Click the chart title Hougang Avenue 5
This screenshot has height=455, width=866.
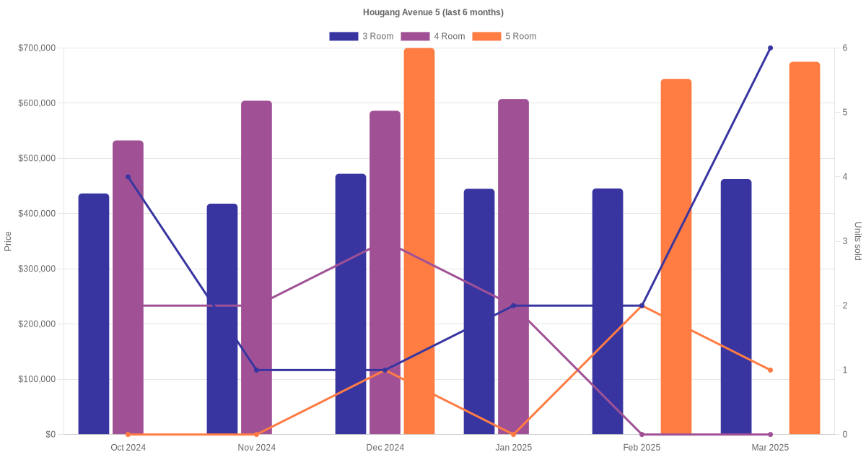click(x=433, y=12)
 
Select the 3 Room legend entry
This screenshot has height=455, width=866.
click(x=361, y=36)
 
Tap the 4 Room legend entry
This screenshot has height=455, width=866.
click(x=432, y=36)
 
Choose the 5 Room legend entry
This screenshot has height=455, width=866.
click(x=504, y=36)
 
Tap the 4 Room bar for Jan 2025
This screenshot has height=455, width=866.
click(x=513, y=266)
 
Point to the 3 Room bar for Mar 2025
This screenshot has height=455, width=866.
click(x=736, y=307)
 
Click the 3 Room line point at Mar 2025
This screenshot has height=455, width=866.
click(x=770, y=48)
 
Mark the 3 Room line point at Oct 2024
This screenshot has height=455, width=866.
click(x=128, y=177)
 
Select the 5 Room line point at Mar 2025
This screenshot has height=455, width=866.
click(x=770, y=370)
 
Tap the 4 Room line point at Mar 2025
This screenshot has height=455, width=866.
click(x=770, y=434)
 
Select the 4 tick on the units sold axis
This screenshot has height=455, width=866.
click(x=844, y=177)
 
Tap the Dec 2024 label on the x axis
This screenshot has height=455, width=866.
click(x=385, y=448)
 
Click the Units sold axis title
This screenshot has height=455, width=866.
click(x=857, y=241)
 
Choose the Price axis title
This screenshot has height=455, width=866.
click(x=8, y=241)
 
